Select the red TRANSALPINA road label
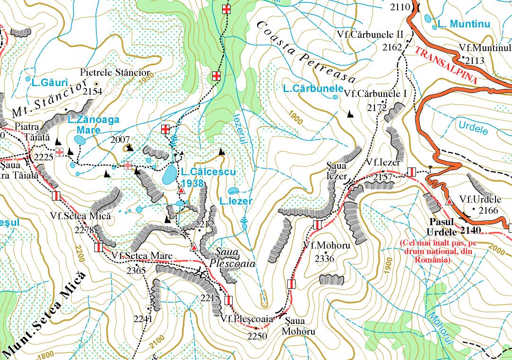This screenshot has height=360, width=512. point(446,65)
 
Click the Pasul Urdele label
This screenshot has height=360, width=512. point(442,227)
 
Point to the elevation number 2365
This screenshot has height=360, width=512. point(136,271)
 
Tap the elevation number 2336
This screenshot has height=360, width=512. point(324,259)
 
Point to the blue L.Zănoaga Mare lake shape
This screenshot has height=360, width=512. point(80,140)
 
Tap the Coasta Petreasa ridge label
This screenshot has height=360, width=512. point(306,52)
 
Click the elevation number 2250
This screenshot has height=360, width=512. point(257,336)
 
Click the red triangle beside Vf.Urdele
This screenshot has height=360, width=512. point(449,202)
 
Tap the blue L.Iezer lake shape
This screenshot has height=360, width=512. point(233,191)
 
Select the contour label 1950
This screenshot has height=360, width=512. point(147,80)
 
